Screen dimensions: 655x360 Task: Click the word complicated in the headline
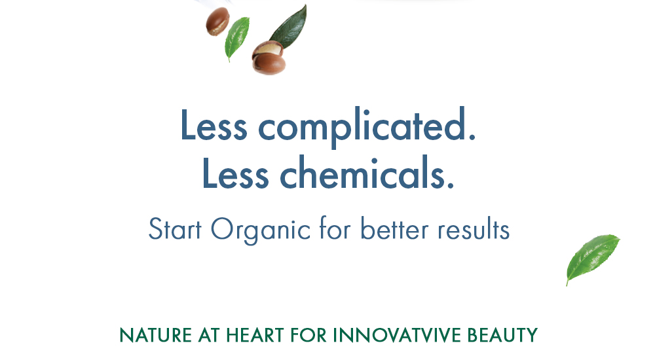pos(367,126)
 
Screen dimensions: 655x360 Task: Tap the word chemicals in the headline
pos(367,173)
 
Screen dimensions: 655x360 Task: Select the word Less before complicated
pos(214,124)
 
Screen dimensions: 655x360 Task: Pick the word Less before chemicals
pos(235,173)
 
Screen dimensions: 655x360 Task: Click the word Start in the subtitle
pos(175,229)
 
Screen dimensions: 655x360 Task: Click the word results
pos(474,228)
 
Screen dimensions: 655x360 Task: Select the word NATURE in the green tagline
pos(155,335)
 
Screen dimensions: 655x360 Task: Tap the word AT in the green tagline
pos(209,335)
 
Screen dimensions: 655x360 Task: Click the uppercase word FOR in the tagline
pos(309,335)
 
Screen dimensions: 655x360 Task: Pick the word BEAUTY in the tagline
pos(502,335)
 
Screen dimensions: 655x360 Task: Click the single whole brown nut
pos(217,22)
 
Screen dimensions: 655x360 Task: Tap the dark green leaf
pos(288,27)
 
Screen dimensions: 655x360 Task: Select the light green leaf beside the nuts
pos(236,39)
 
